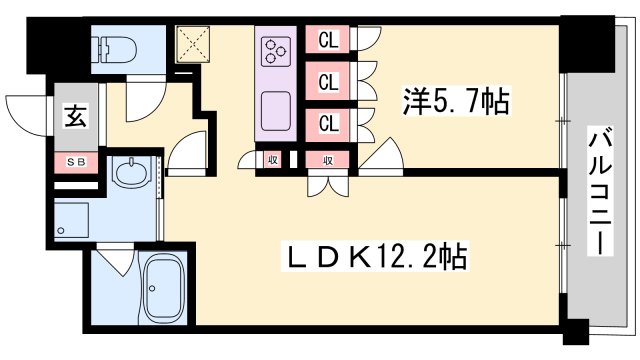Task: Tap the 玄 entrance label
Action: (76, 114)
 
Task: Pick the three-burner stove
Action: (276, 49)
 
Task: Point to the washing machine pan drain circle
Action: (63, 232)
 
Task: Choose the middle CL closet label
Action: (327, 81)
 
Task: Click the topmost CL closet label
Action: (327, 40)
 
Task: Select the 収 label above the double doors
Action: (327, 159)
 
